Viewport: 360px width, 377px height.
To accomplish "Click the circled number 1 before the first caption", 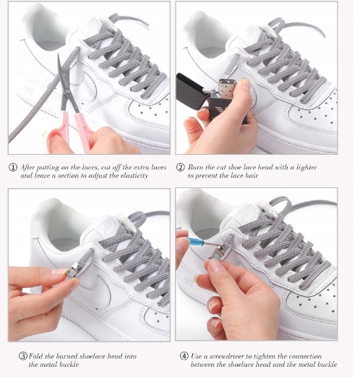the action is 13,167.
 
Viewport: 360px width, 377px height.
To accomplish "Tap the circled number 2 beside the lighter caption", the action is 180,167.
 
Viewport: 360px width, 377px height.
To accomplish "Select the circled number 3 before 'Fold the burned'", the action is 23,356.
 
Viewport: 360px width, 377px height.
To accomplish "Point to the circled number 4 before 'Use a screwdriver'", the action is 184,356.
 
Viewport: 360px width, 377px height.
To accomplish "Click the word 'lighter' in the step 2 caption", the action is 307,167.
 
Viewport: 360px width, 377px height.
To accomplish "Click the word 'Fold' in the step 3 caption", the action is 36,356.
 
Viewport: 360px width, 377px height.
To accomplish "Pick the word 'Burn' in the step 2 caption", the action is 196,167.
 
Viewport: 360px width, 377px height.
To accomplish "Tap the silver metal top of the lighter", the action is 226,88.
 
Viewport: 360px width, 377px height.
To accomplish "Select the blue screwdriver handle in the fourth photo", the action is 197,241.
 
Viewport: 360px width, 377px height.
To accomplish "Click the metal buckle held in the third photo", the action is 72,271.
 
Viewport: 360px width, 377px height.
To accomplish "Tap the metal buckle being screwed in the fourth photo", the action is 218,253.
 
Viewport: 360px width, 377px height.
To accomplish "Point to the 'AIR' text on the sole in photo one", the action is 28,89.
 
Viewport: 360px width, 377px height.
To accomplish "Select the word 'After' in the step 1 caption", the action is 27,167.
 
